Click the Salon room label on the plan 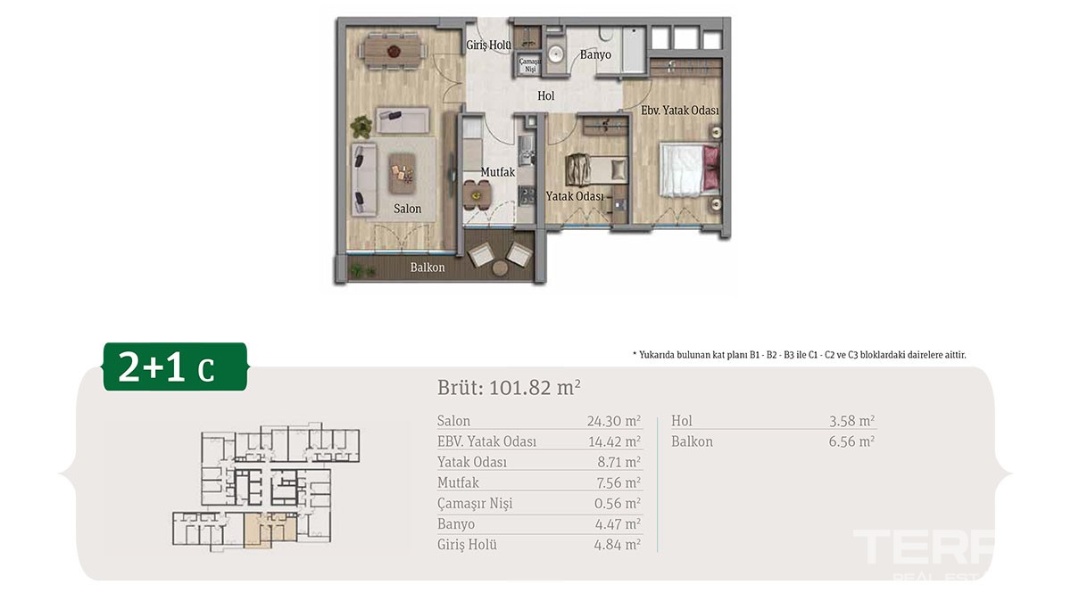click(407, 209)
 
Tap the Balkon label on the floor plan click(428, 268)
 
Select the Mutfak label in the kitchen click(498, 172)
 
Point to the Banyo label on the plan click(595, 55)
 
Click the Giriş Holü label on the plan click(489, 45)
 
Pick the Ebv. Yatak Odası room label click(680, 111)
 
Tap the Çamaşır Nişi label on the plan click(530, 65)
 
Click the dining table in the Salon click(394, 50)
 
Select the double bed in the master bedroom click(690, 170)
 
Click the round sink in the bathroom click(555, 54)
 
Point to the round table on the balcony click(501, 268)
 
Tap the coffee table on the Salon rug click(402, 173)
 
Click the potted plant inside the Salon click(361, 127)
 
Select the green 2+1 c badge click(176, 366)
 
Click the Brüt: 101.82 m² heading click(510, 388)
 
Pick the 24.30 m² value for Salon click(614, 421)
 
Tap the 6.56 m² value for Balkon click(851, 441)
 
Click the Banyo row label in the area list click(456, 524)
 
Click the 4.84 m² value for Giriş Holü click(618, 545)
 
